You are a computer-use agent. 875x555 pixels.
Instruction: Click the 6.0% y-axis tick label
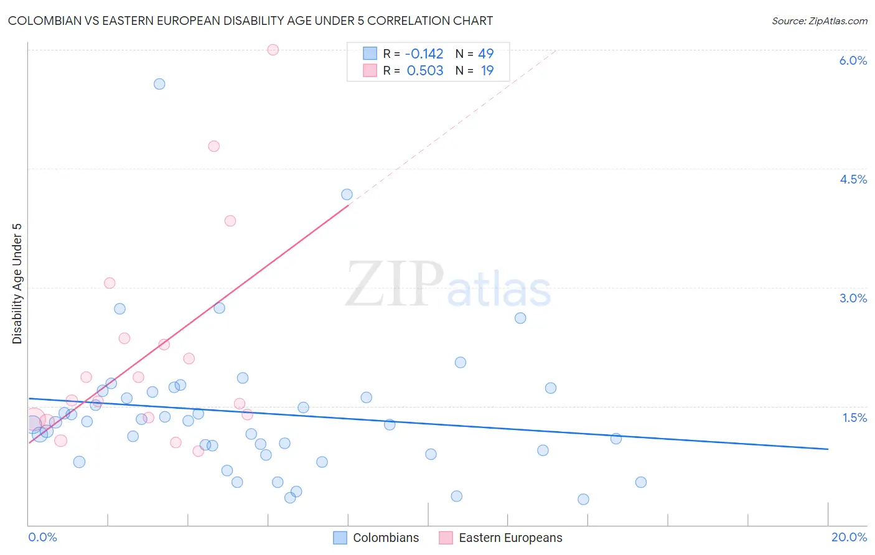pyautogui.click(x=853, y=60)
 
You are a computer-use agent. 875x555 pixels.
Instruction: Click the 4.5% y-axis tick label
pyautogui.click(x=853, y=179)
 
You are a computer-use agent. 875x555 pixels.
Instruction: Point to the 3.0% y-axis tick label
pyautogui.click(x=853, y=298)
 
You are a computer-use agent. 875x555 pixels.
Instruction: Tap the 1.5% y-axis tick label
pyautogui.click(x=854, y=417)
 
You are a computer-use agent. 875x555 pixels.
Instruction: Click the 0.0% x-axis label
pyautogui.click(x=42, y=537)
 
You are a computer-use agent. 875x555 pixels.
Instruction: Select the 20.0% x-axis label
pyautogui.click(x=849, y=537)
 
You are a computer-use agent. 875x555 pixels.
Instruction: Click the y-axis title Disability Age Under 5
pyautogui.click(x=17, y=283)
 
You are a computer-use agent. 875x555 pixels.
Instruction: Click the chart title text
pyautogui.click(x=250, y=21)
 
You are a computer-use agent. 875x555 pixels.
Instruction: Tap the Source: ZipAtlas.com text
pyautogui.click(x=819, y=21)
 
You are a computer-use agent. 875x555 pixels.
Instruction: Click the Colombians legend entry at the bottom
pyautogui.click(x=376, y=538)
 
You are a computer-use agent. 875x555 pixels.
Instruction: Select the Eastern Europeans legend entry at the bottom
pyautogui.click(x=500, y=538)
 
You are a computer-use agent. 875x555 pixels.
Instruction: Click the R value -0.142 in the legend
pyautogui.click(x=424, y=54)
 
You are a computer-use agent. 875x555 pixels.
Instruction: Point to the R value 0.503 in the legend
pyautogui.click(x=425, y=70)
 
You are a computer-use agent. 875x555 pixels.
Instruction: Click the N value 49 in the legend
pyautogui.click(x=485, y=54)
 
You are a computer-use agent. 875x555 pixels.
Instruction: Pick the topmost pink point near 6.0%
pyautogui.click(x=273, y=50)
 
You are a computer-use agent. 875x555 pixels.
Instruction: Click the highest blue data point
pyautogui.click(x=159, y=84)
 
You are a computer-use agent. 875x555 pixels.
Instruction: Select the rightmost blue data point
pyautogui.click(x=641, y=482)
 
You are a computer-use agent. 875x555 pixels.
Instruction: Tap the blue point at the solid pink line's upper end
pyautogui.click(x=347, y=195)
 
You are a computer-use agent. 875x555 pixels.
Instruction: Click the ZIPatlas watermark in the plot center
pyautogui.click(x=448, y=285)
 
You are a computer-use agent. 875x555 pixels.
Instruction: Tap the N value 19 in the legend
pyautogui.click(x=487, y=70)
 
